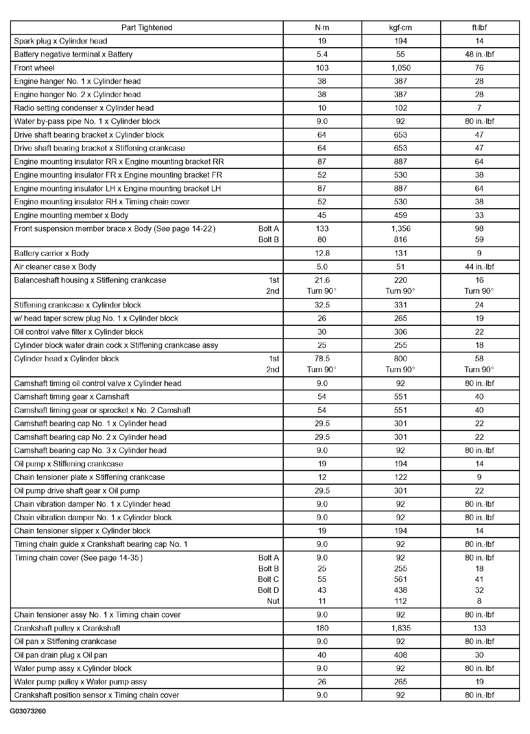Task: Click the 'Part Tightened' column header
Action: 147,28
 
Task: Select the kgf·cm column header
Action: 400,28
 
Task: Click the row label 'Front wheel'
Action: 34,68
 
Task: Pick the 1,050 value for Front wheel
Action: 400,68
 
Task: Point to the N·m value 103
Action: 322,68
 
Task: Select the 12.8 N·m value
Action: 322,253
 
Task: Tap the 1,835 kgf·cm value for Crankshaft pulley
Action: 401,628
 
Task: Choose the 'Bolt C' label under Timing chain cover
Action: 268,579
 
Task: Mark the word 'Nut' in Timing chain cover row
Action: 273,601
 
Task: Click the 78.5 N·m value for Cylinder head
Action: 322,359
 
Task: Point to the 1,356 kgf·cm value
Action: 401,229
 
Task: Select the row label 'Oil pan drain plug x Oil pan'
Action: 60,655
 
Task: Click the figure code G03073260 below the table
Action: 28,711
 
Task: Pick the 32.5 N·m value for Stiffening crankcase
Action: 322,305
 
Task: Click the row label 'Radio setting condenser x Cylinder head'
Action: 84,108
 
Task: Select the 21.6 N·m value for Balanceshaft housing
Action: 322,280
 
